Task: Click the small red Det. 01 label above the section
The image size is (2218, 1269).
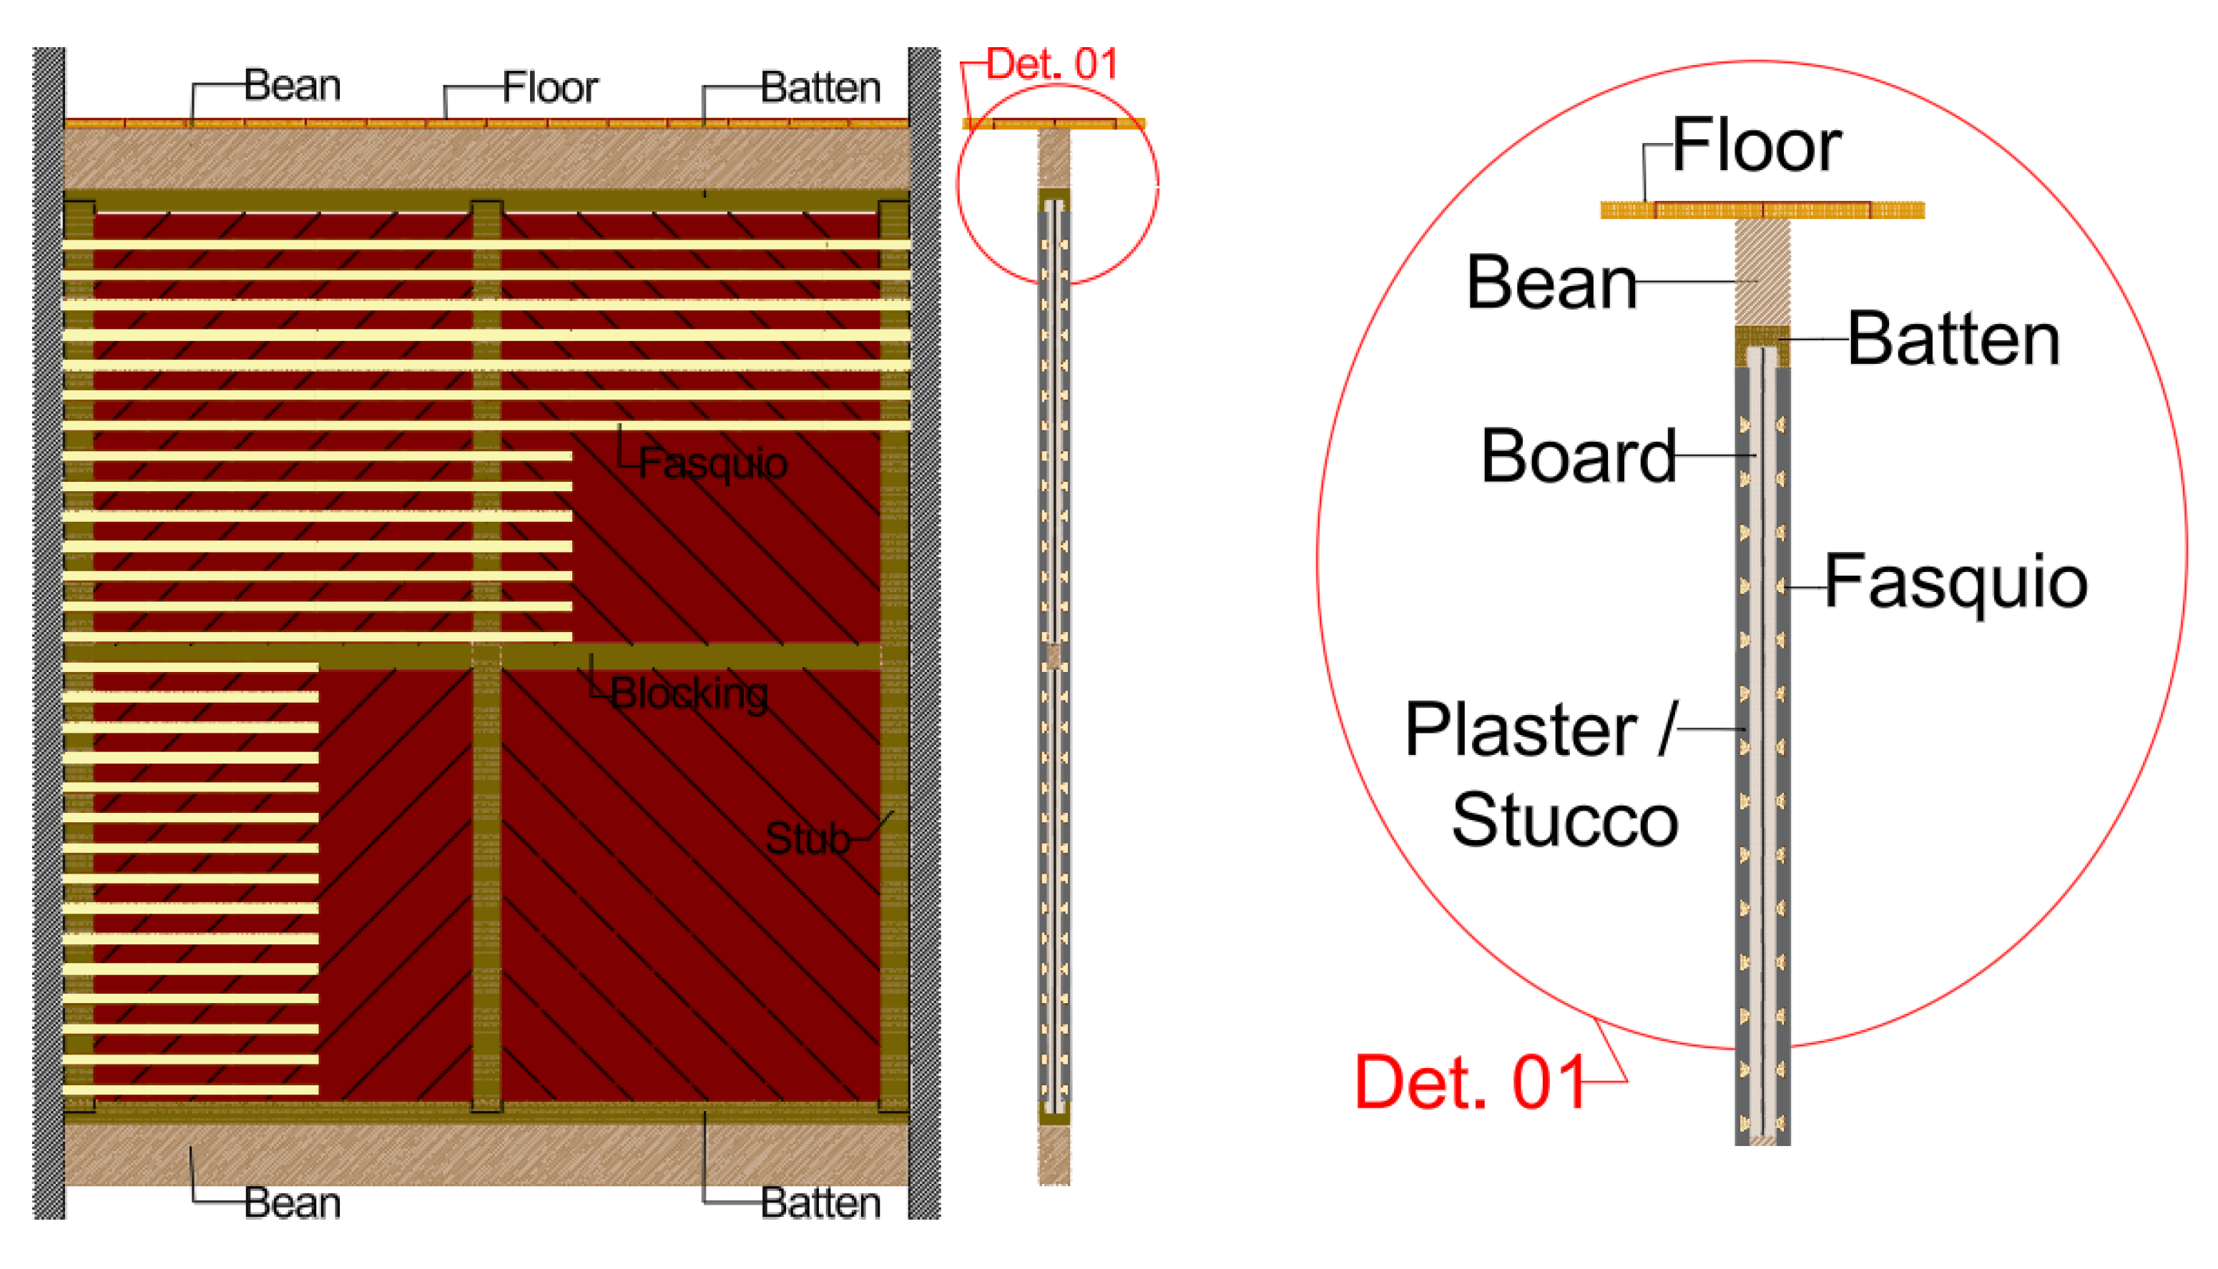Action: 1051,64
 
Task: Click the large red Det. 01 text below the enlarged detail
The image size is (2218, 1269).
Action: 1470,1082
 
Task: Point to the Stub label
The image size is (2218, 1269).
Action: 807,839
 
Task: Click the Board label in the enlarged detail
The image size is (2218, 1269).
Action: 1578,456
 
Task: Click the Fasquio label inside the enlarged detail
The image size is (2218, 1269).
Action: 1956,582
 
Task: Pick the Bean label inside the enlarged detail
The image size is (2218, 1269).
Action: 1552,282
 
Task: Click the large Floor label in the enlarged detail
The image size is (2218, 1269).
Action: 1756,146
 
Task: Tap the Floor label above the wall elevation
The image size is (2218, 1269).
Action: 550,88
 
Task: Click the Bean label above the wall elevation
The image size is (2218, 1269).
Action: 292,85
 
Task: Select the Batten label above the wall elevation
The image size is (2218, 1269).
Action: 820,88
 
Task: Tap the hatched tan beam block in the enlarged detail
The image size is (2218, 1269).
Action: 1761,272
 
